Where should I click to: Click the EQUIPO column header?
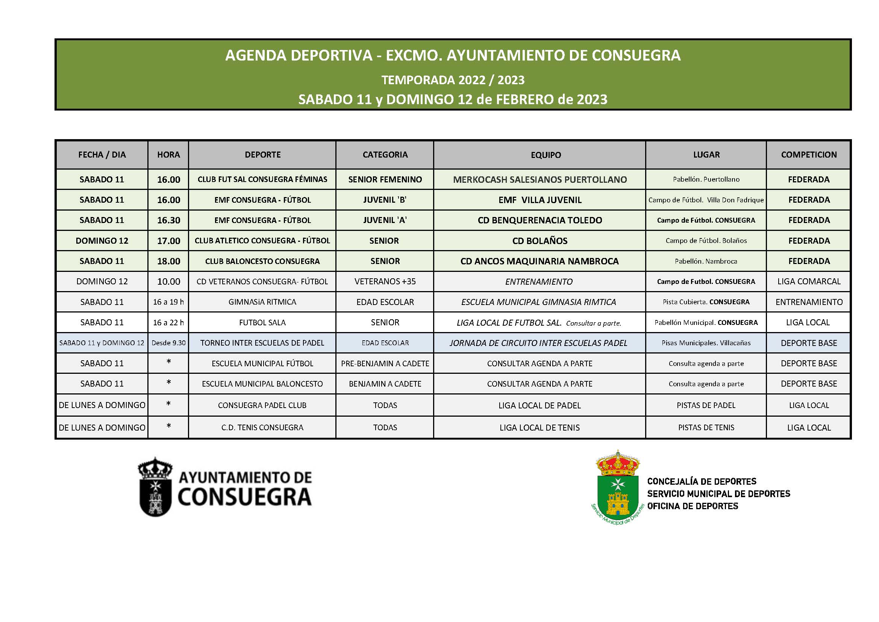click(x=546, y=155)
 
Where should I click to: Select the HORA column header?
click(x=168, y=155)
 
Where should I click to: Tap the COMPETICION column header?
click(x=809, y=155)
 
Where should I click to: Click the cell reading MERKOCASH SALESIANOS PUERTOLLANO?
click(x=540, y=180)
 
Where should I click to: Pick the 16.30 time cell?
click(x=168, y=220)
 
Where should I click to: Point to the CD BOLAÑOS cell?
click(x=540, y=241)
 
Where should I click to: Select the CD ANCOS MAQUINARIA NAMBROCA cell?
click(x=540, y=261)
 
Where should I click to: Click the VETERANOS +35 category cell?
click(x=385, y=282)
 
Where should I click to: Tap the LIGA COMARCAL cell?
click(x=809, y=282)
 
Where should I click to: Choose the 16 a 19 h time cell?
click(x=168, y=302)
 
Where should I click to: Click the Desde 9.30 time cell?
click(x=168, y=343)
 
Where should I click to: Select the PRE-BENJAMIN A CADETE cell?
click(x=385, y=364)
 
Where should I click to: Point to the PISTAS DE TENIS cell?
click(x=706, y=428)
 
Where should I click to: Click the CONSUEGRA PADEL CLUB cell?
click(x=262, y=405)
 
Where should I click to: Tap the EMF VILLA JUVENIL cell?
click(x=540, y=200)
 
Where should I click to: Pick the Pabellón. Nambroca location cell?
click(x=706, y=261)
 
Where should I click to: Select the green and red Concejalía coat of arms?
click(x=617, y=486)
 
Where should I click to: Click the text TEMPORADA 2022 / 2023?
click(x=453, y=80)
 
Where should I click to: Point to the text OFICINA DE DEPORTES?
click(x=693, y=506)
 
